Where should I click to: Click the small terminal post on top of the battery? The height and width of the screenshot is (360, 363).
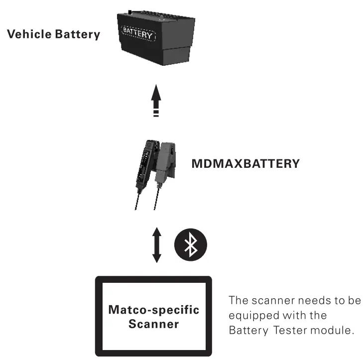coord(129,11)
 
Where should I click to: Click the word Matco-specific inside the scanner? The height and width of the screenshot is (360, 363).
coord(153,310)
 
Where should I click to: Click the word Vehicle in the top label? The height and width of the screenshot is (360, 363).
coord(26,35)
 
